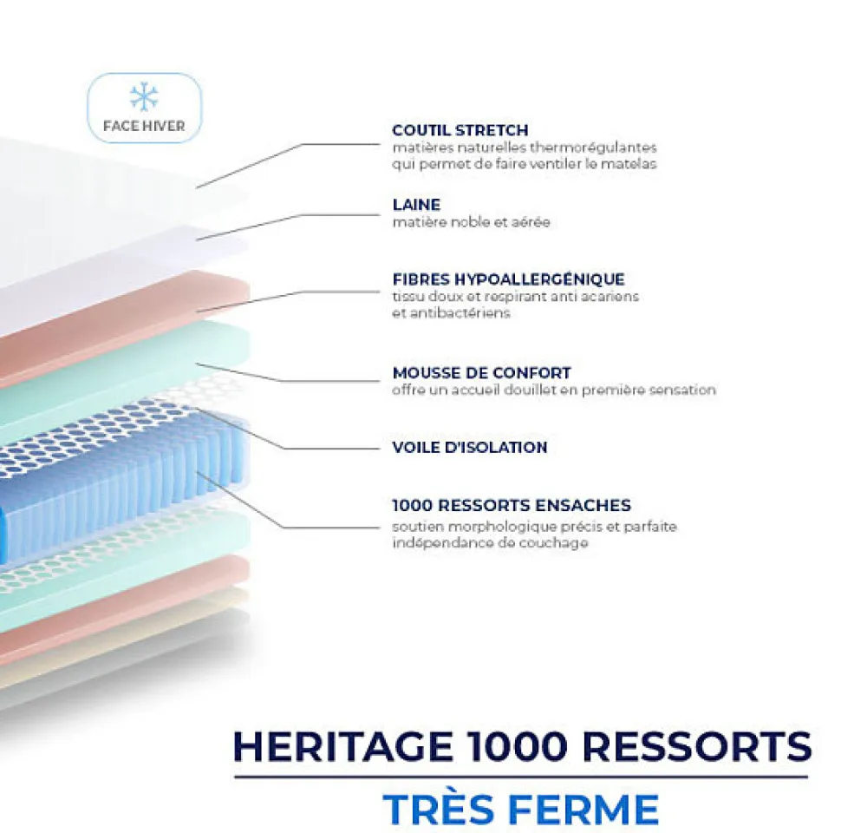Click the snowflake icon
(144, 96)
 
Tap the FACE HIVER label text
(144, 126)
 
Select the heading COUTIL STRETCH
(460, 130)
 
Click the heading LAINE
(416, 205)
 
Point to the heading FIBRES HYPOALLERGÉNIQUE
(508, 279)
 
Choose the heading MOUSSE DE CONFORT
(481, 373)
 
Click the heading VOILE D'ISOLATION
(469, 448)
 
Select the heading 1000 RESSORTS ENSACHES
(511, 505)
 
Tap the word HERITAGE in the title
(343, 746)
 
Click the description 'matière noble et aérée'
(471, 222)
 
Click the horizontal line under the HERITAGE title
(520, 777)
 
